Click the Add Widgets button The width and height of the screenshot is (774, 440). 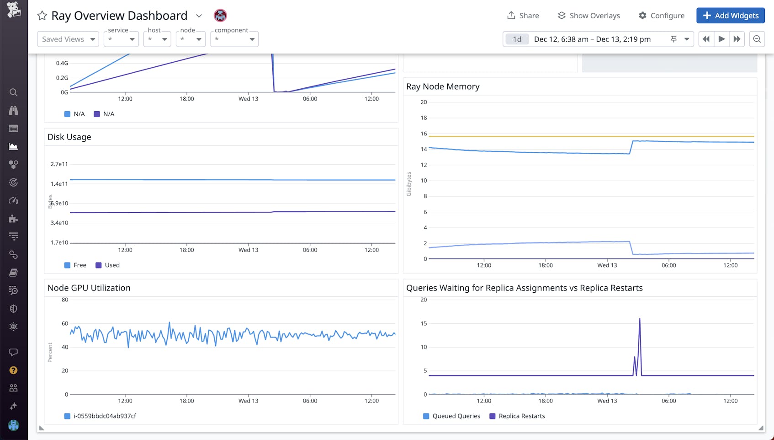click(730, 16)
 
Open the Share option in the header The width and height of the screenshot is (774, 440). click(523, 16)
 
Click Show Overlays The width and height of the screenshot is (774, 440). click(588, 16)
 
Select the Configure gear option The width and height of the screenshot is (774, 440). click(661, 16)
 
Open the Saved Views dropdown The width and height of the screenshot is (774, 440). click(68, 39)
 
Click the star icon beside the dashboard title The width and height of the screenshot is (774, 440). click(42, 16)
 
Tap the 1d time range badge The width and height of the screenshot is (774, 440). click(517, 39)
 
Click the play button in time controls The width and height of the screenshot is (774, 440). click(721, 39)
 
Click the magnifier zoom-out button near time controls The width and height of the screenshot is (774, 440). click(757, 39)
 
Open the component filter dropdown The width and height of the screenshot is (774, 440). click(234, 39)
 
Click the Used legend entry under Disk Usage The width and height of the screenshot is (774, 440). click(108, 265)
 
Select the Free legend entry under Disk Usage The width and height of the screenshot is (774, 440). click(75, 265)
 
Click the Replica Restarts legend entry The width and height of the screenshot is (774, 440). click(517, 416)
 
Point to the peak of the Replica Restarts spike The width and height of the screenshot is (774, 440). click(640, 319)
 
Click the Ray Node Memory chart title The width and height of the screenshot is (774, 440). click(443, 86)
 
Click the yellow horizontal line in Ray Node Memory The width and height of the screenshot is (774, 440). click(548, 136)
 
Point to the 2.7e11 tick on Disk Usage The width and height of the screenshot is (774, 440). click(59, 164)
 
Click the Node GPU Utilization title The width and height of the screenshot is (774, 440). click(89, 288)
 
